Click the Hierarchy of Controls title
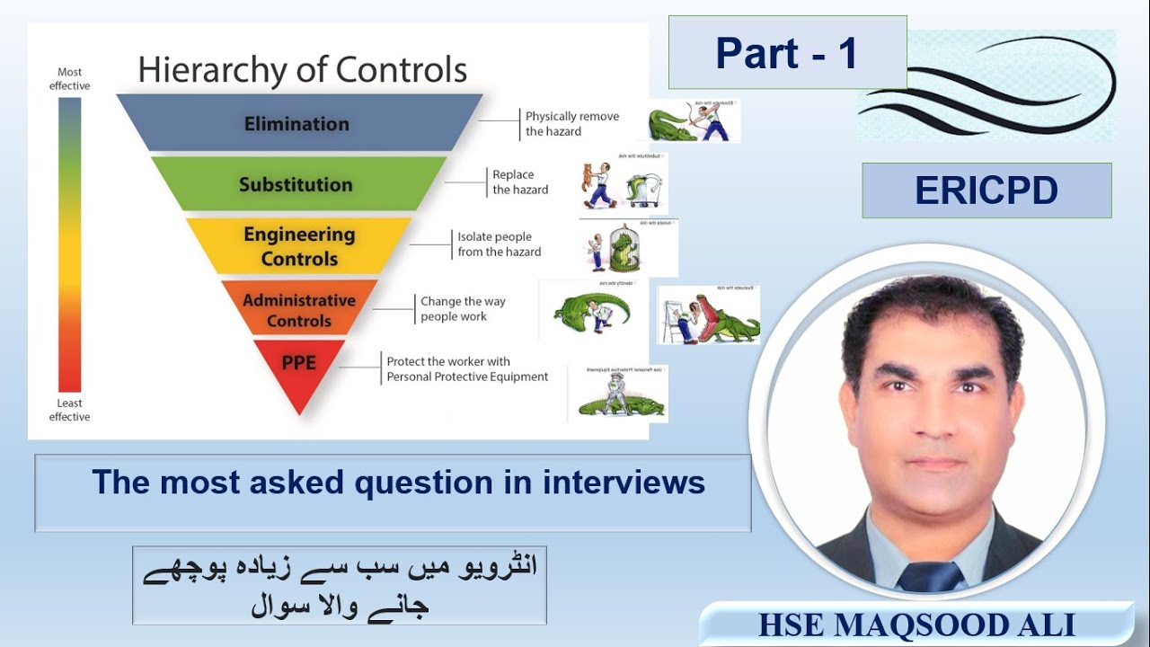pos(302,70)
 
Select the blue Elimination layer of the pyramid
pos(297,124)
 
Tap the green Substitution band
pos(296,184)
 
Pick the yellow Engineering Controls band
pos(298,246)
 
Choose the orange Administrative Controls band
pos(298,310)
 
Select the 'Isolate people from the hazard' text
pos(499,244)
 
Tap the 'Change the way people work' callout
pos(463,309)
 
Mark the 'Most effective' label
pos(69,79)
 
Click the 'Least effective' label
pos(69,410)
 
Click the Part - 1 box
pos(787,53)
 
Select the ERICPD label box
pos(986,191)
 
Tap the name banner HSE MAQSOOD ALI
pos(916,625)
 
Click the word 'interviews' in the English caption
pos(624,483)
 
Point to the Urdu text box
pos(340,585)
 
